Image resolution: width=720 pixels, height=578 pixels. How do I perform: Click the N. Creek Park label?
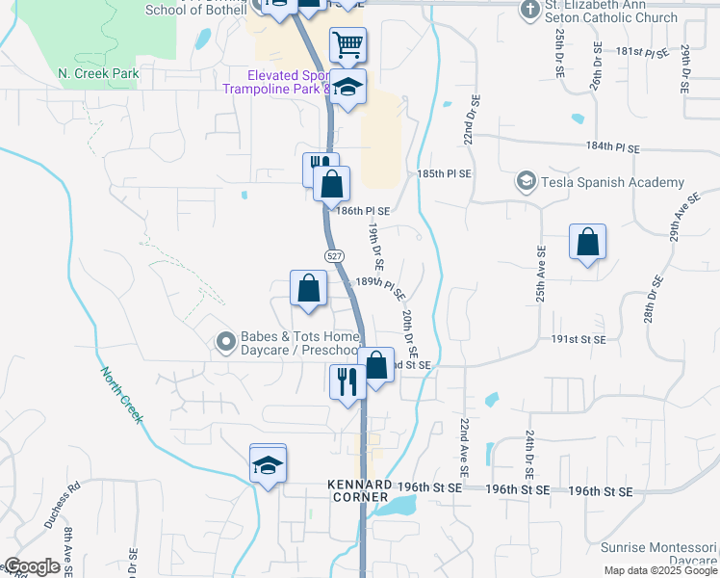coord(98,73)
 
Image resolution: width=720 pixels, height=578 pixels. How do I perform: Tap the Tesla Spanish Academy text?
coord(613,182)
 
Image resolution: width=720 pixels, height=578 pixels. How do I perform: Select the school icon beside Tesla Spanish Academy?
coord(526,181)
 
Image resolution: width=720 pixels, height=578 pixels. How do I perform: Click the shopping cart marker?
coord(347,44)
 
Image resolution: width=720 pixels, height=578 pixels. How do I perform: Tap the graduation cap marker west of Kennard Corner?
coord(268,465)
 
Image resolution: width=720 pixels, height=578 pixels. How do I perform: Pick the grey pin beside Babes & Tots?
coord(225,341)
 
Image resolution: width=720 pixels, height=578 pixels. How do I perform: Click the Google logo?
coord(33,566)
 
